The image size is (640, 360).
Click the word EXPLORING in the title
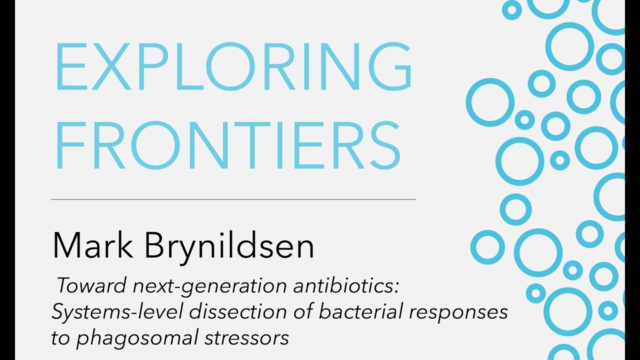point(233,67)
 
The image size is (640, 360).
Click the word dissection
point(232,312)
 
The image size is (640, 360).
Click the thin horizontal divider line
point(233,199)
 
